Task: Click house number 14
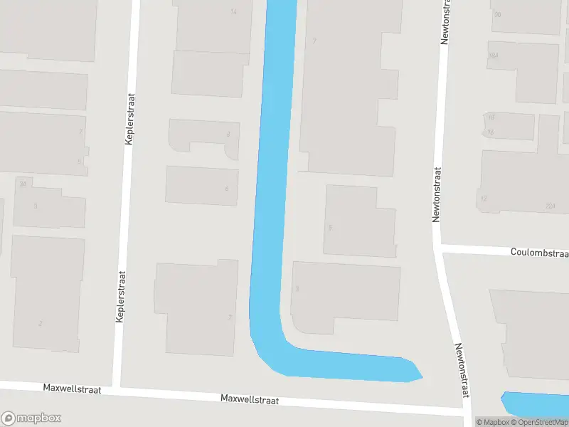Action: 234,12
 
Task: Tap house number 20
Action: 497,14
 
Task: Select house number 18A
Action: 492,56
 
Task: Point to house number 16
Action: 491,132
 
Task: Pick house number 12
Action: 484,199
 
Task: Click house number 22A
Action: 550,206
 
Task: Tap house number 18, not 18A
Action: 491,117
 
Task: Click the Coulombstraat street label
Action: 539,253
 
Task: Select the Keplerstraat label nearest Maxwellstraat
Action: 120,296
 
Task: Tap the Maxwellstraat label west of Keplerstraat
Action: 72,389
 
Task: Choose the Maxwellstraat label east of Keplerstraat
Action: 249,400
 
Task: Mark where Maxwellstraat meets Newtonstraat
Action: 467,413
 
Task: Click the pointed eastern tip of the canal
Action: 422,375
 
